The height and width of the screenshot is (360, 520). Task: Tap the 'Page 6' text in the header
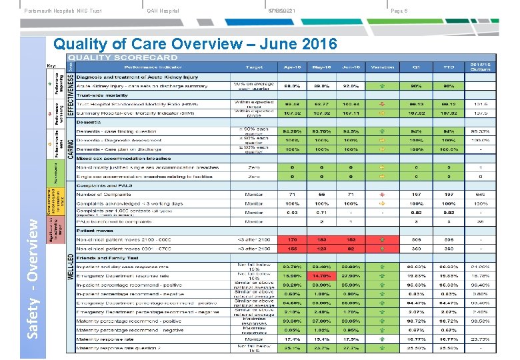point(399,11)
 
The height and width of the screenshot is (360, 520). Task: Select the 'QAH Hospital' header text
point(163,11)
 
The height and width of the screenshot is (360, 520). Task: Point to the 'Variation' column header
point(383,67)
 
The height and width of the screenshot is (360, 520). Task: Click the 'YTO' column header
point(449,67)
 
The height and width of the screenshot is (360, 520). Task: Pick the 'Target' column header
point(253,67)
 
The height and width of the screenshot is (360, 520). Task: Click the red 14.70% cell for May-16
point(322,275)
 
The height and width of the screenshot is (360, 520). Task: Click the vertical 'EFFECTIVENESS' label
point(71,93)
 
